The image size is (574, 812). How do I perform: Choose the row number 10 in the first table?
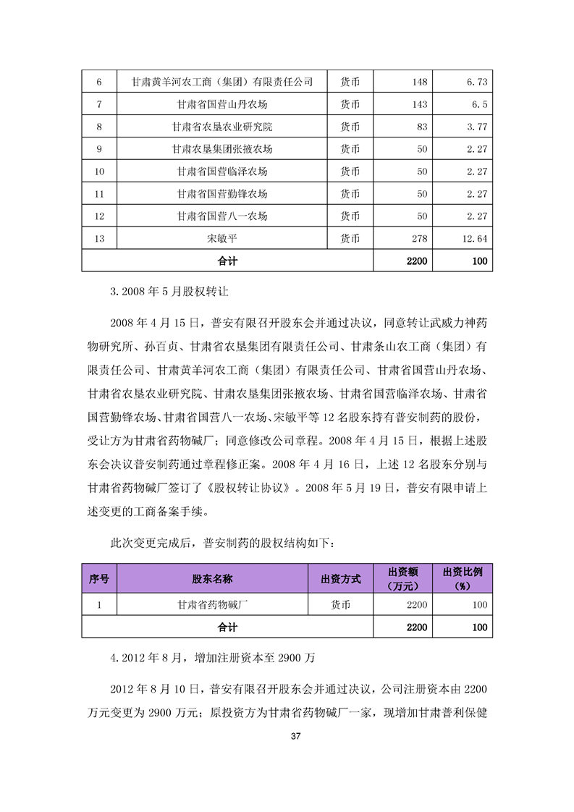(x=100, y=172)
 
